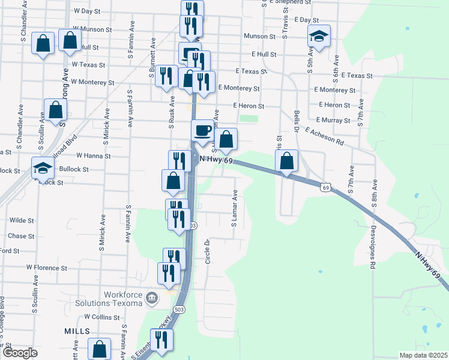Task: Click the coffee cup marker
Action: point(202,130)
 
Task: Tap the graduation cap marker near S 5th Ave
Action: point(319,37)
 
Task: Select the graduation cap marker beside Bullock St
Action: point(43,169)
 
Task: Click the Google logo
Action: point(19,353)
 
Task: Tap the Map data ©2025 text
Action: point(423,355)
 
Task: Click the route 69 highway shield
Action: point(325,188)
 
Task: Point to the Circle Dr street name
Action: point(206,250)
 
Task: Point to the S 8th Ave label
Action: point(374,192)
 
